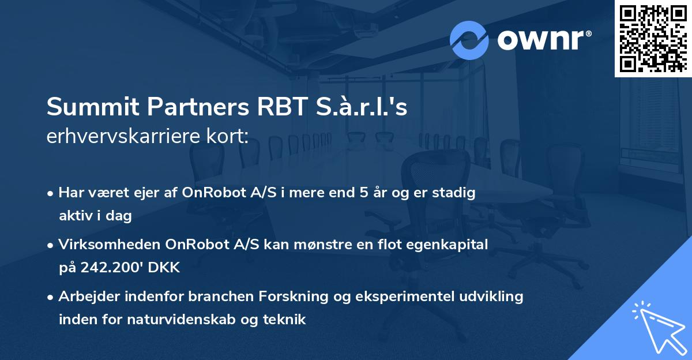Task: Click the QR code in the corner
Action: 653,38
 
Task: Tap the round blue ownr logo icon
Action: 469,40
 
